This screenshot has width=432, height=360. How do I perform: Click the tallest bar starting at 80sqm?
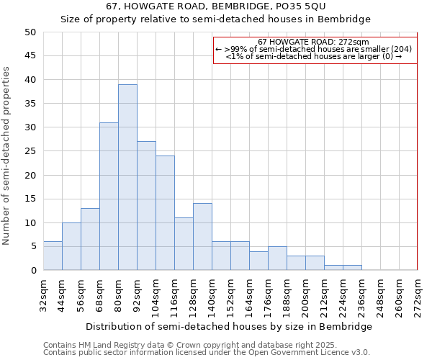pos(127,177)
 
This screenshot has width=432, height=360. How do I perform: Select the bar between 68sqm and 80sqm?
pos(109,196)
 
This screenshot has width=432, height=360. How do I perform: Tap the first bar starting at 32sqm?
pos(53,256)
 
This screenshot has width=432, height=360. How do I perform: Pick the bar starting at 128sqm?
pos(202,237)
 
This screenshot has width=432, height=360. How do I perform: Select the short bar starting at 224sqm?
pos(352,268)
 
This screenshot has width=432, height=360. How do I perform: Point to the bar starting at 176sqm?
pos(277,258)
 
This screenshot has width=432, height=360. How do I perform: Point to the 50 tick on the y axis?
pos(30,32)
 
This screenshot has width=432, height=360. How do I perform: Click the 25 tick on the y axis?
pos(30,151)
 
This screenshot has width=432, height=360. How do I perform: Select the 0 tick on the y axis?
pos(32,271)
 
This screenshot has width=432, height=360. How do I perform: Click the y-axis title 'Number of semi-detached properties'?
pos(6,156)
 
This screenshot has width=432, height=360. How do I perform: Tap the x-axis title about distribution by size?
pos(234,326)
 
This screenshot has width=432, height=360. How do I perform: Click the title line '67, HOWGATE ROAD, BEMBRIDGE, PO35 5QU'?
pos(215,6)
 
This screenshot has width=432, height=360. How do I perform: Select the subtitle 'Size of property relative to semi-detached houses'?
pos(215,19)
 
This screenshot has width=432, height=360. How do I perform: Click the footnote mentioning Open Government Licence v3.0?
pos(207,353)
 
